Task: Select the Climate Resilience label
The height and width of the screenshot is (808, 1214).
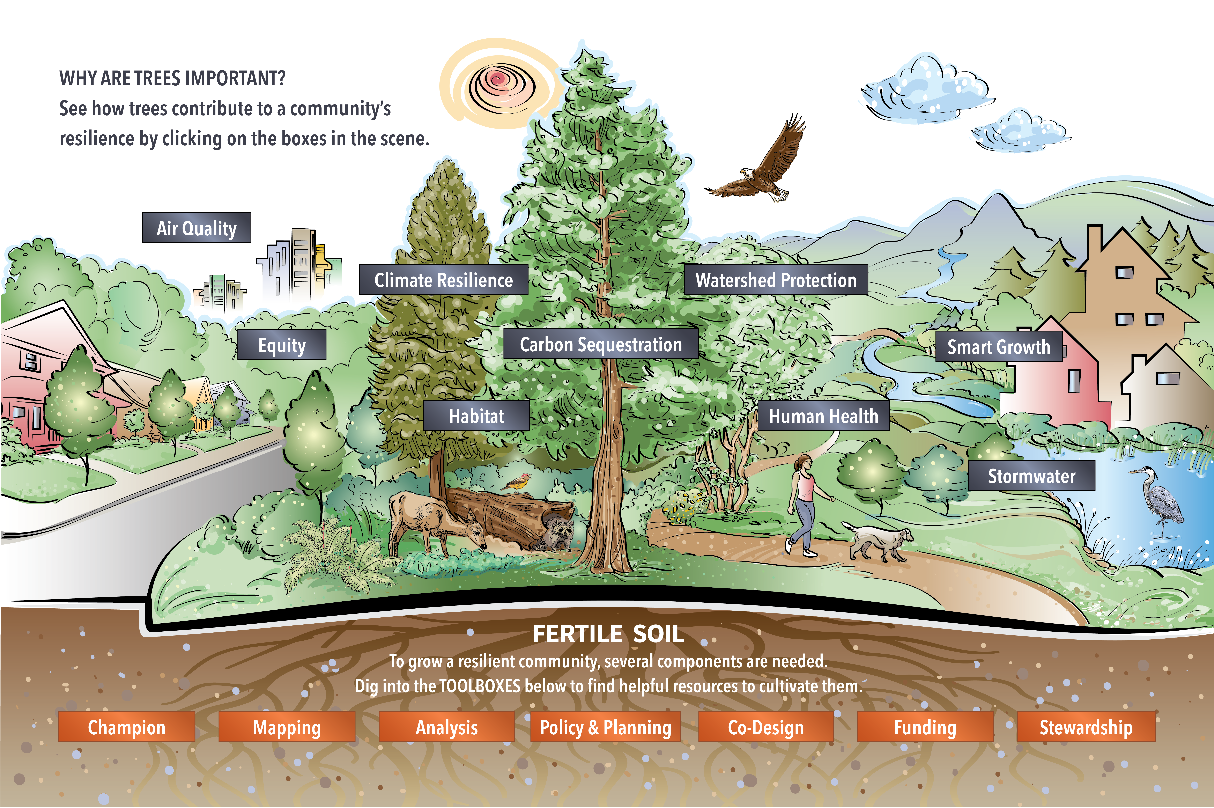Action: pos(444,280)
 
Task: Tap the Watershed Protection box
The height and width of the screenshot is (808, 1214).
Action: pos(776,280)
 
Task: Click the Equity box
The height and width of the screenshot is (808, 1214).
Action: pos(282,344)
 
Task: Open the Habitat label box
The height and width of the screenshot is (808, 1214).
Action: pos(477,415)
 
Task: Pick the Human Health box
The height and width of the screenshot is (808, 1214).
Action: pos(823,415)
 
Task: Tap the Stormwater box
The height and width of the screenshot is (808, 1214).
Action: pos(1032,476)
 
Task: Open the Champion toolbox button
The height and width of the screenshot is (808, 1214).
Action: pos(127,727)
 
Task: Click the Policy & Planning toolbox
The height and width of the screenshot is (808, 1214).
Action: pos(605,727)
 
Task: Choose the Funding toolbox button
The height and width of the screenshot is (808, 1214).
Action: pos(925,727)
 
